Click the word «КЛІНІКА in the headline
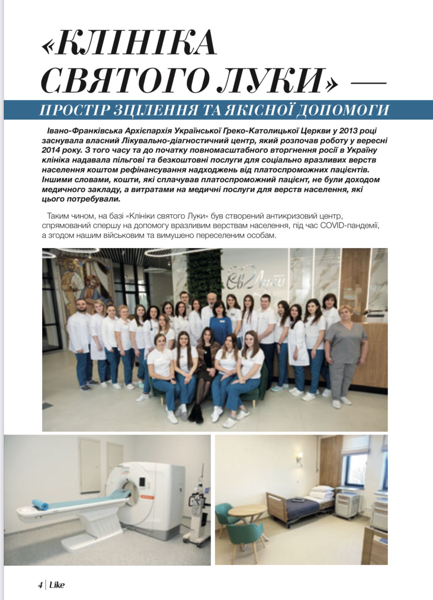pos(129,42)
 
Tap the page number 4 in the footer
pos(40,585)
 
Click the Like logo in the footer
pos(57,585)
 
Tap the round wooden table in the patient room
pos(247,511)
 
